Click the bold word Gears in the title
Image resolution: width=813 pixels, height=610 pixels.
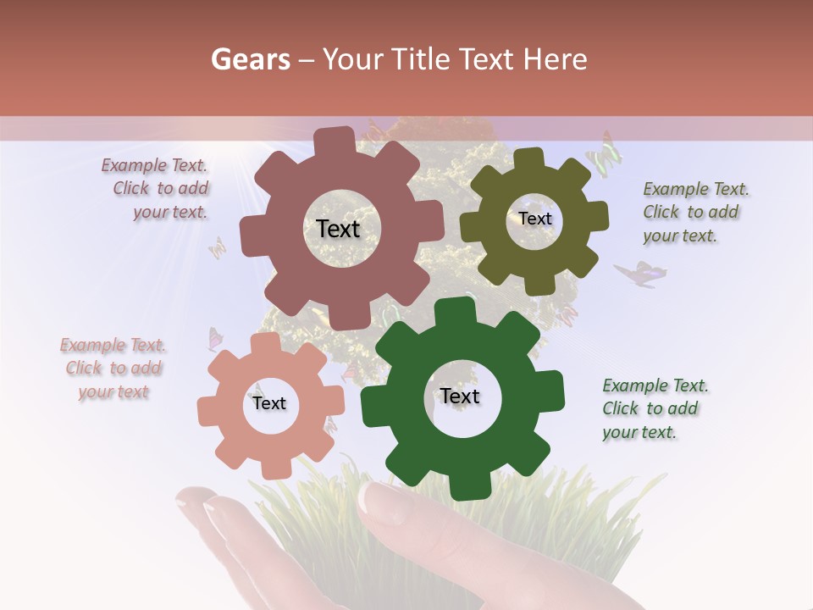(250, 59)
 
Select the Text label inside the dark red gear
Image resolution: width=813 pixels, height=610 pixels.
(338, 229)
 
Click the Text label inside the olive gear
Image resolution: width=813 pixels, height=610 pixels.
(534, 219)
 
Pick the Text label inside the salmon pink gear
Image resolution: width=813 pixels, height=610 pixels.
(269, 403)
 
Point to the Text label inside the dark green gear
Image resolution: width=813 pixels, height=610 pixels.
(460, 396)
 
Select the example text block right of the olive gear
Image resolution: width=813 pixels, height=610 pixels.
(694, 212)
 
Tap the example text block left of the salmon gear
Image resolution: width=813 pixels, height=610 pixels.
(113, 369)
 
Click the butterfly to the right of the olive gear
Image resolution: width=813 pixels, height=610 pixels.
(639, 274)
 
